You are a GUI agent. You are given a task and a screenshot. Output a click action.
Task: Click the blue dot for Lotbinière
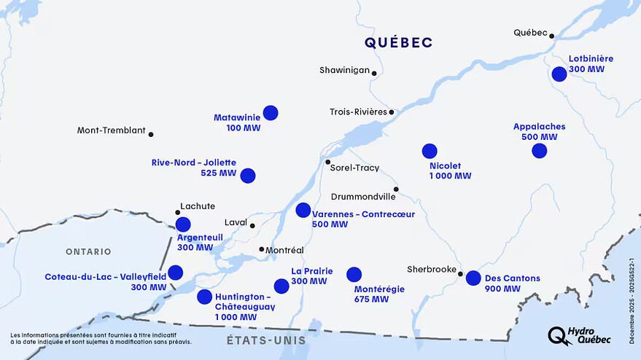click(559, 74)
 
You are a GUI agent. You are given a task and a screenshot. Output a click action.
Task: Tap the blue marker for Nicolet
click(430, 151)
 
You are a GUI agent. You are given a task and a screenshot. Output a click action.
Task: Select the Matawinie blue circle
click(271, 112)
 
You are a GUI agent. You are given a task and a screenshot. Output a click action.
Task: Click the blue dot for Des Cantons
click(473, 278)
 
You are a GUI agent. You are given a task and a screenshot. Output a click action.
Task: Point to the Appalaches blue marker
click(540, 151)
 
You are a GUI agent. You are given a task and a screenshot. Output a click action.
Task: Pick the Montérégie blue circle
click(354, 274)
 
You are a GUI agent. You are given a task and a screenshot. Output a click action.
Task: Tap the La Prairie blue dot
click(281, 286)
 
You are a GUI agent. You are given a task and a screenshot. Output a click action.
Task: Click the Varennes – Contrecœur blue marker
click(303, 210)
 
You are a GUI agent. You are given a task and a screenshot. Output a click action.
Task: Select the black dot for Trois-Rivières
click(392, 112)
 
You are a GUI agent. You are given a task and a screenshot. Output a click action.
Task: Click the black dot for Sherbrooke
click(460, 274)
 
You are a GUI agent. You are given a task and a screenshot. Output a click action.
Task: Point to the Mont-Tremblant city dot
click(151, 134)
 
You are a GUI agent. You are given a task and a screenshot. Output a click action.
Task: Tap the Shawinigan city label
click(344, 71)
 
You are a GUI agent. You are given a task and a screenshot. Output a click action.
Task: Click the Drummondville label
click(362, 197)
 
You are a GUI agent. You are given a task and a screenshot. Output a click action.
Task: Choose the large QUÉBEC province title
click(399, 43)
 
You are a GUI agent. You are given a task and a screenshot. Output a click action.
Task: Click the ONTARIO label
click(88, 251)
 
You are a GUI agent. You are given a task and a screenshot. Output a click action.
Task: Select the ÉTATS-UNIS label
click(255, 340)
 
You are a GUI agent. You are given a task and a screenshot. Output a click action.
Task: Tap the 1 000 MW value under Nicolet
click(450, 176)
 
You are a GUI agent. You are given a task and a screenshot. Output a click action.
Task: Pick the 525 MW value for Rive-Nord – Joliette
click(218, 173)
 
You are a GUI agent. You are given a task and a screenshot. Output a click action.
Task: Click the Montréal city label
click(285, 250)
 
